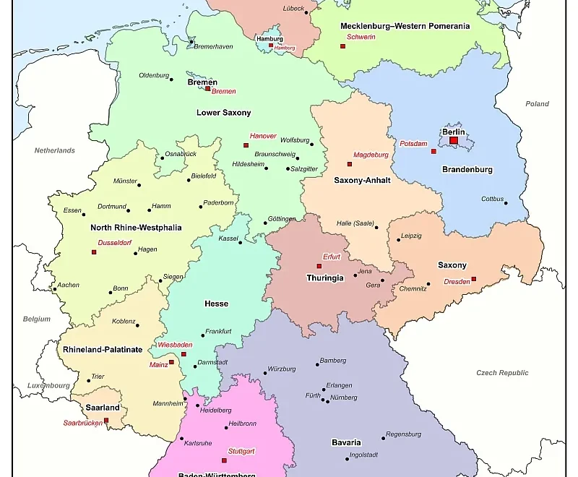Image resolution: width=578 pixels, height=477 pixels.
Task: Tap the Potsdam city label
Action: click(413, 144)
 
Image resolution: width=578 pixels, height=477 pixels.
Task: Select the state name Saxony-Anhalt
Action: click(362, 180)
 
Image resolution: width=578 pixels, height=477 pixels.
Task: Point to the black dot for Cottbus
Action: click(506, 203)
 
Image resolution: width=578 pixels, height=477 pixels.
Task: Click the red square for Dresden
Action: click(474, 279)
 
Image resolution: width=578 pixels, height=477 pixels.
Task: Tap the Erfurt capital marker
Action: click(319, 266)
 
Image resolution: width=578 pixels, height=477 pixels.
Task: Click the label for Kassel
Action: click(228, 238)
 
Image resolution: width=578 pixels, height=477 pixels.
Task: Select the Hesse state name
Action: click(216, 304)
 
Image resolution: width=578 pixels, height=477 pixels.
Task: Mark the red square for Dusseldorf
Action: click(94, 252)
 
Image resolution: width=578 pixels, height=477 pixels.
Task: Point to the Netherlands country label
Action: click(55, 150)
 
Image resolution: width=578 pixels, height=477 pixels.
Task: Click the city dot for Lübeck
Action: click(306, 12)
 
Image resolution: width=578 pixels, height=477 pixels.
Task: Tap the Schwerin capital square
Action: click(342, 46)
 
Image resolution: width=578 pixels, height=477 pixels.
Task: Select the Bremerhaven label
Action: click(213, 46)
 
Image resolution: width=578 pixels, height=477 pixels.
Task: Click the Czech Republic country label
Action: click(502, 373)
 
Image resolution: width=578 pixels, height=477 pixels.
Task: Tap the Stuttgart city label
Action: click(241, 451)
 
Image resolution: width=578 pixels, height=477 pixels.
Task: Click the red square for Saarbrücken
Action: click(106, 420)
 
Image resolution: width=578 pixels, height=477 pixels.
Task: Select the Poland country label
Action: click(537, 104)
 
